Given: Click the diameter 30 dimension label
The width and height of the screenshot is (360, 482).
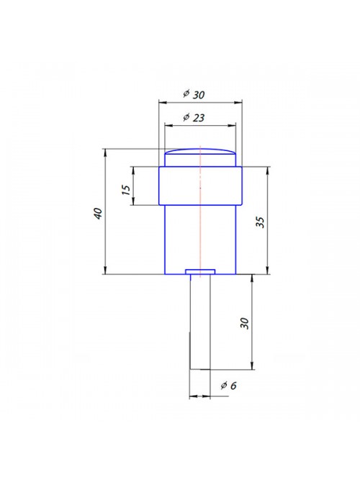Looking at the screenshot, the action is pyautogui.click(x=194, y=94).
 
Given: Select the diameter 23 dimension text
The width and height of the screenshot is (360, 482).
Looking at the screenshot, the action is pyautogui.click(x=194, y=117).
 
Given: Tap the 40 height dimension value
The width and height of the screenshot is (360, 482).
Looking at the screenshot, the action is pyautogui.click(x=98, y=214).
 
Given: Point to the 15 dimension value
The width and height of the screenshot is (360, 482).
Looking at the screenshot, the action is pyautogui.click(x=126, y=190).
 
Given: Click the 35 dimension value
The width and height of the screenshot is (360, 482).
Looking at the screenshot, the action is pyautogui.click(x=261, y=222).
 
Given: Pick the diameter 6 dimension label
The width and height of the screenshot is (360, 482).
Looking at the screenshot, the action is pyautogui.click(x=229, y=385).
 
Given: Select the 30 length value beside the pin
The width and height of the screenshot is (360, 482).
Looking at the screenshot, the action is pyautogui.click(x=244, y=323).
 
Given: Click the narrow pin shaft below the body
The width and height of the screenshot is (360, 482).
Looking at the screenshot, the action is pyautogui.click(x=200, y=322).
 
